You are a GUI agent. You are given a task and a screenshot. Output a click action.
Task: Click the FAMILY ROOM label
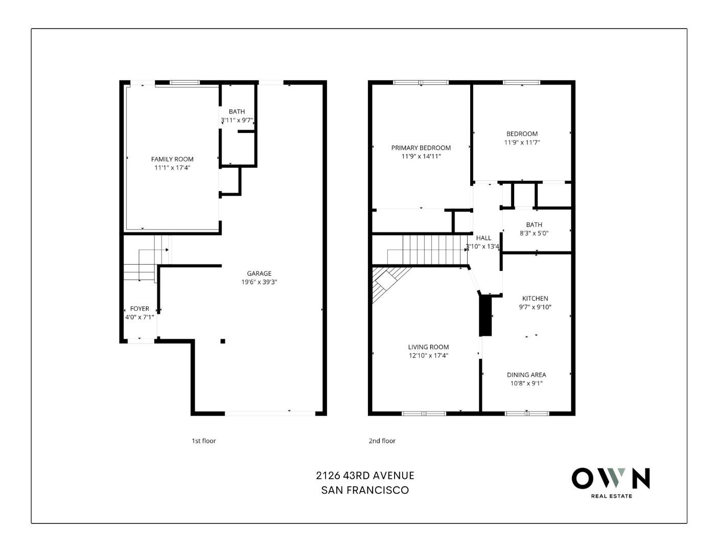pos(172,159)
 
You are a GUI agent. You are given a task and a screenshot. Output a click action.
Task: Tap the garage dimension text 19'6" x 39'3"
pos(259,282)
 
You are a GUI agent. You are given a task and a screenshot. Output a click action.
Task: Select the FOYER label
pos(140,309)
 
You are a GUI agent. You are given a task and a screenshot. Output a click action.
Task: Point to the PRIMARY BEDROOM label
pos(421,148)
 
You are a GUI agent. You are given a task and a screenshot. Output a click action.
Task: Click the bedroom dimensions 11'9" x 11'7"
pos(522,143)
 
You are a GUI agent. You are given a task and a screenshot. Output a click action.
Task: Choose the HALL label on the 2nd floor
pos(483,238)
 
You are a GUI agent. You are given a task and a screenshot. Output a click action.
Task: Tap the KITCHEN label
pos(535,298)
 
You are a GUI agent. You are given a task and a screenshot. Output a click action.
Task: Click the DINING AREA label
pos(526,375)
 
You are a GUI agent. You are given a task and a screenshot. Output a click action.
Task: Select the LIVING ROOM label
pos(428,347)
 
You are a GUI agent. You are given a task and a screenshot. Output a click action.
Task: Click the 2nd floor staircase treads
pos(434,249)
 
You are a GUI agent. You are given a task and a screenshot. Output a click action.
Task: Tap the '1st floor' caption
pos(204,441)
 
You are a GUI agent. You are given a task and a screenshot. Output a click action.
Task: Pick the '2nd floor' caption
pos(382,441)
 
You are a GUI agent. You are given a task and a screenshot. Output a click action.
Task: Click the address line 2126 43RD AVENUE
pos(365,475)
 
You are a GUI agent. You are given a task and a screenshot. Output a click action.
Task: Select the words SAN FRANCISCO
pos(365,490)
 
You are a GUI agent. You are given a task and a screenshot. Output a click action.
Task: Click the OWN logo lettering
pos(611,478)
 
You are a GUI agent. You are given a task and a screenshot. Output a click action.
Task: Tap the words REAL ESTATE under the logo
pos(611,496)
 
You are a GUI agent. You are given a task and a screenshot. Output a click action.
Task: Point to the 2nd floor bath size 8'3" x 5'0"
pos(534,233)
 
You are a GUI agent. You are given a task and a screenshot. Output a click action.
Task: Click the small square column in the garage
pos(222,341)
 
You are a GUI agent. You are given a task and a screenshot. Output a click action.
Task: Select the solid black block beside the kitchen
pos(485,316)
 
